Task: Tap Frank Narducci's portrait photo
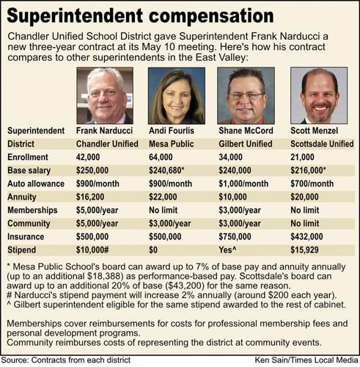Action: pyautogui.click(x=104, y=95)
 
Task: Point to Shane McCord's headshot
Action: pyautogui.click(x=246, y=95)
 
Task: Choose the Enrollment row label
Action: pyautogui.click(x=27, y=157)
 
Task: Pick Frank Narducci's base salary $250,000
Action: pyautogui.click(x=96, y=170)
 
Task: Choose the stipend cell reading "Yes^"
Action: pyautogui.click(x=230, y=250)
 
